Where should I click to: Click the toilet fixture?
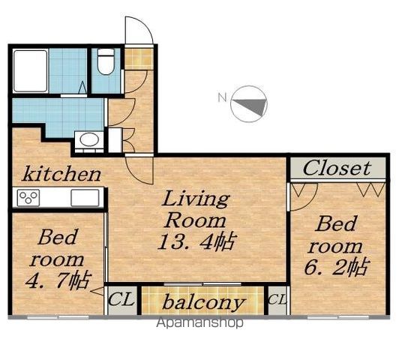tap(106, 61)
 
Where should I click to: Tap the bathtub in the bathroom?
tap(31, 71)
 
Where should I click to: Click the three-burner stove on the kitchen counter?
tap(28, 198)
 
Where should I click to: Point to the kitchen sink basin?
tap(85, 198)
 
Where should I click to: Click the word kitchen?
tap(61, 174)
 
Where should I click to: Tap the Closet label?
tap(337, 168)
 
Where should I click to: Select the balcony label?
tap(203, 302)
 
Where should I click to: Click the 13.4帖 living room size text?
tap(197, 241)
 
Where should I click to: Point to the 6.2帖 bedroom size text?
tap(336, 267)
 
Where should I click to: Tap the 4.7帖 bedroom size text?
tap(58, 280)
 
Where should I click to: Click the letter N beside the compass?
tap(223, 97)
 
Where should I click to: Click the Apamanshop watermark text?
tap(199, 322)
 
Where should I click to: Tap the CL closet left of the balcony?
tap(121, 299)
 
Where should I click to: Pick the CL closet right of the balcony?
tap(277, 299)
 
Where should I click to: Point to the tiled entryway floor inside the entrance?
tap(139, 58)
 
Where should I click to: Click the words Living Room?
tap(196, 210)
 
